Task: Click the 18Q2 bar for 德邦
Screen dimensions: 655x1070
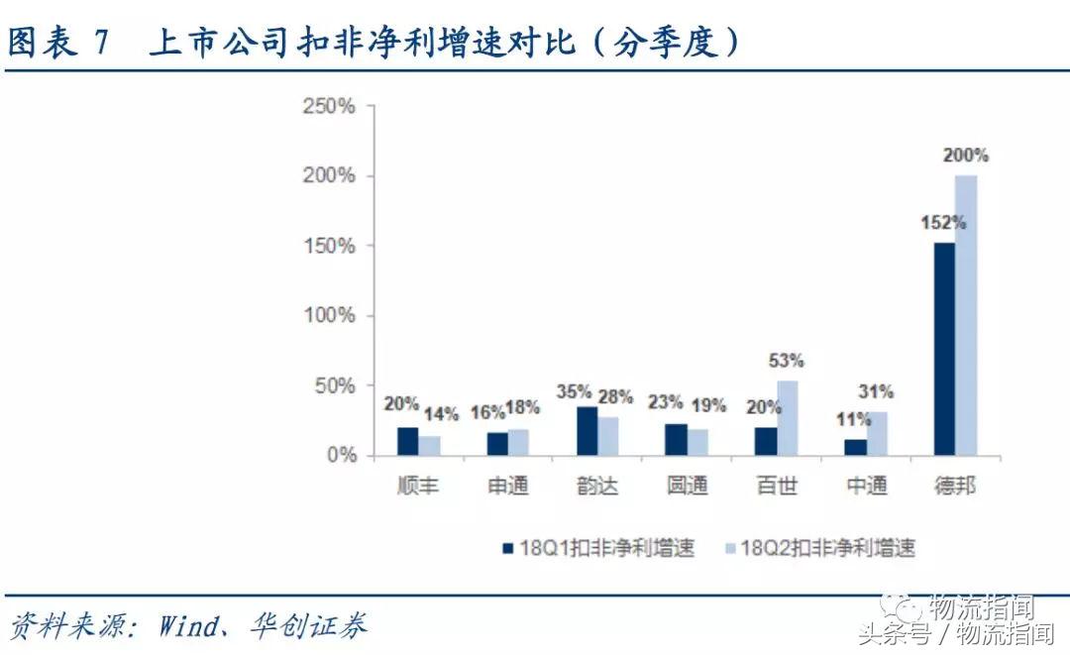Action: [965, 315]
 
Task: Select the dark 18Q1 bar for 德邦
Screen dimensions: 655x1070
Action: [943, 349]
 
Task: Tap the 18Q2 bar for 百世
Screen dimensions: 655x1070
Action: [787, 418]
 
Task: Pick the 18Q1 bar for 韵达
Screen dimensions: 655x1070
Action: [587, 431]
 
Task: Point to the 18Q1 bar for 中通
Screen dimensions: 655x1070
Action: [855, 447]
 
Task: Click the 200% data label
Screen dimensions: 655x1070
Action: [966, 156]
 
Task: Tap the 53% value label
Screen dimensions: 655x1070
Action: [788, 361]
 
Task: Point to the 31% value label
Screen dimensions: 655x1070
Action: [876, 391]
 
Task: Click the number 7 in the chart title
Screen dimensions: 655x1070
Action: [101, 43]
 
